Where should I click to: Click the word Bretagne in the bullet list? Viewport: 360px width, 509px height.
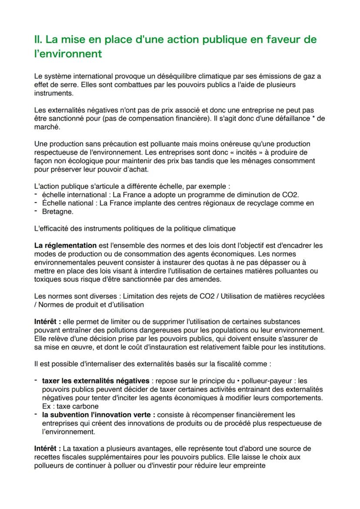click(57, 212)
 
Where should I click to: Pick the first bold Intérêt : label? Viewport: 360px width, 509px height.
click(48, 322)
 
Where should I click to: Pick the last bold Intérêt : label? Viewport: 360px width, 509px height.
click(48, 448)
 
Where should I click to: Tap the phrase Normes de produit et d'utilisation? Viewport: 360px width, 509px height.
click(91, 305)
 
